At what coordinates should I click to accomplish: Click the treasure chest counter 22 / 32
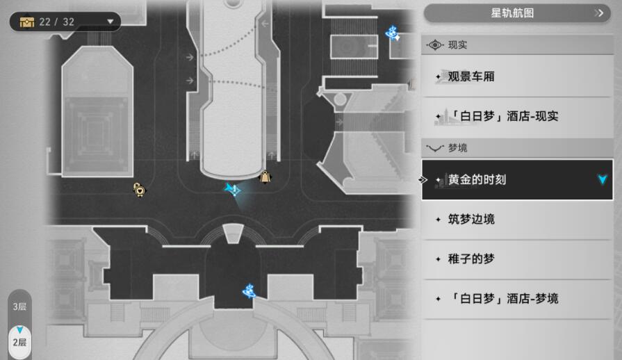point(56,22)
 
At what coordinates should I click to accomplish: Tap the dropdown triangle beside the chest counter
point(111,22)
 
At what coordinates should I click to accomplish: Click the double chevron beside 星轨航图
point(599,13)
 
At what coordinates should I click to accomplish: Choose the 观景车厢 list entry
point(517,76)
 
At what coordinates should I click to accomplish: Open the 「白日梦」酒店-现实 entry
point(517,116)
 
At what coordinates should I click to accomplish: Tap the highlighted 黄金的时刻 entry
point(517,179)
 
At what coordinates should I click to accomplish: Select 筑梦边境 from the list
point(517,219)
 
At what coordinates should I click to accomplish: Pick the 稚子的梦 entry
point(517,259)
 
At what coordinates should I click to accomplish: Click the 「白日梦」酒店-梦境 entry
point(517,299)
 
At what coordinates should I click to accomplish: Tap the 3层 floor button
point(19,306)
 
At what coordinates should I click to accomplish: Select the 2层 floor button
point(19,342)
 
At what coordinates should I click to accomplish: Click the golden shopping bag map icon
point(265,177)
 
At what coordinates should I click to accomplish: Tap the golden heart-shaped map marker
point(139,190)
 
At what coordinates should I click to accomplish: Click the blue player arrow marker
point(233,190)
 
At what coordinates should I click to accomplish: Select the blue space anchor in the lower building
point(249,291)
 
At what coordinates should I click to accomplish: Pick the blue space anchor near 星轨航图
point(393,33)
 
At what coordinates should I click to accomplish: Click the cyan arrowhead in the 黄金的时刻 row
point(603,179)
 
